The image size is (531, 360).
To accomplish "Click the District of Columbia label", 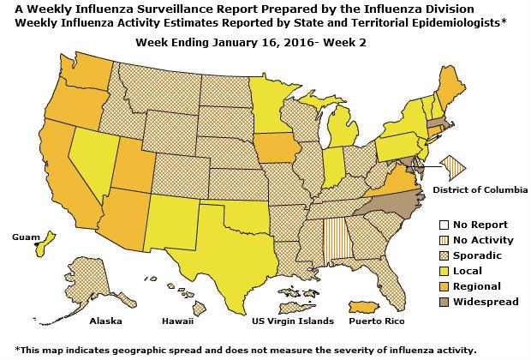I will click(x=480, y=189).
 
